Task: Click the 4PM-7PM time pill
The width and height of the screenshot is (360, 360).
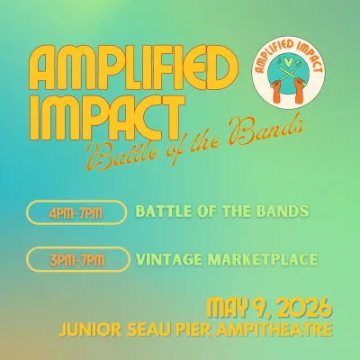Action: click(x=77, y=213)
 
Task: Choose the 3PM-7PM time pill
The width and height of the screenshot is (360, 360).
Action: click(x=77, y=261)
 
